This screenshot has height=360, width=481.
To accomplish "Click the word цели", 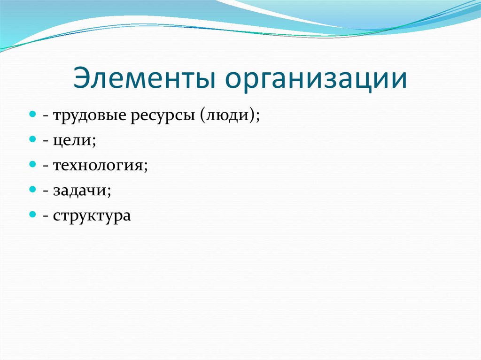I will [74, 141].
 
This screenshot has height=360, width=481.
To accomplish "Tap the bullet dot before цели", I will [32, 140].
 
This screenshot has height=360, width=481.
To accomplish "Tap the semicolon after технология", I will [146, 167].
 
